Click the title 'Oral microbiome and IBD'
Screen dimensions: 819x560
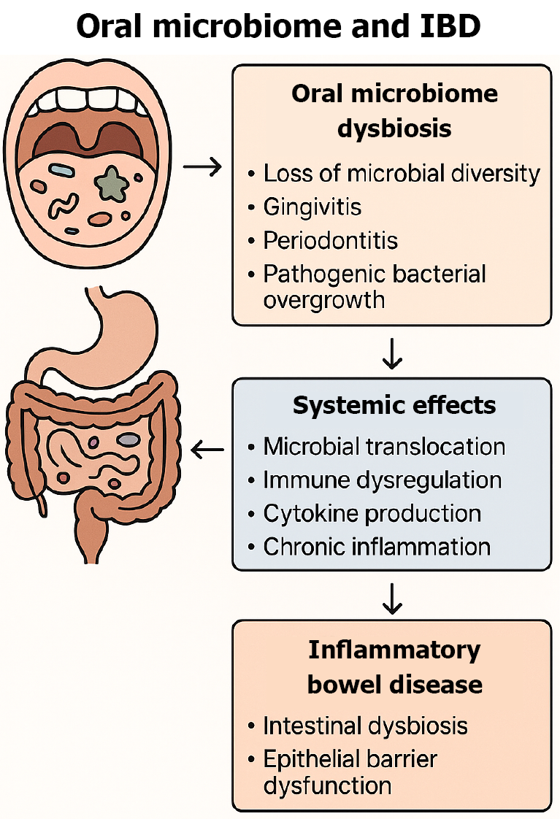(280, 27)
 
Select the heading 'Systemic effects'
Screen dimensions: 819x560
(394, 405)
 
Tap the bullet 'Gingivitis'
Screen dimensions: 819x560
(312, 207)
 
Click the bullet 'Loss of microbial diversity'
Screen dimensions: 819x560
(401, 174)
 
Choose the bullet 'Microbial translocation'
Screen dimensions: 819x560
(384, 446)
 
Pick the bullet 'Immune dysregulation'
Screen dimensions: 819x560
(382, 480)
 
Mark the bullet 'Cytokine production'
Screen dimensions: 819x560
(372, 513)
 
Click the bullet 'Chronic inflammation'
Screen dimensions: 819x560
(376, 546)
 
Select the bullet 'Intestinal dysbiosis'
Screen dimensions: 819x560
(365, 726)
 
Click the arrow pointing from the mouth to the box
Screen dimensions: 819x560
(202, 168)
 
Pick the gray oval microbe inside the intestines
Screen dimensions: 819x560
(129, 439)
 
